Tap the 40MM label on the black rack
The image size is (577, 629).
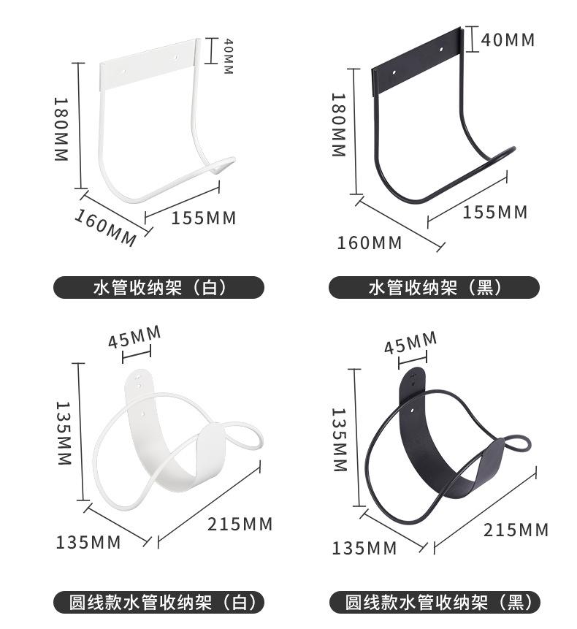pyautogui.click(x=508, y=39)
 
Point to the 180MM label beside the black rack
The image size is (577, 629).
pyautogui.click(x=337, y=124)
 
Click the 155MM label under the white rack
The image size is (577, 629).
pyautogui.click(x=204, y=218)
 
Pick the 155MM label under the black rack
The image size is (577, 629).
pyautogui.click(x=494, y=212)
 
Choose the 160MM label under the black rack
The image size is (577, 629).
pyautogui.click(x=369, y=243)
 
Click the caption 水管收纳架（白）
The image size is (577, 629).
pyautogui.click(x=158, y=287)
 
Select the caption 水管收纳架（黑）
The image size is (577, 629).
pyautogui.click(x=434, y=287)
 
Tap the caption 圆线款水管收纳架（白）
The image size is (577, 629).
pyautogui.click(x=158, y=603)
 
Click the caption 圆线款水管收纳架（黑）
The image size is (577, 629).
pyautogui.click(x=434, y=603)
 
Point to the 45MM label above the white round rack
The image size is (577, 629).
pyautogui.click(x=134, y=338)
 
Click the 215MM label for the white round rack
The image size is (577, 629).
pyautogui.click(x=240, y=524)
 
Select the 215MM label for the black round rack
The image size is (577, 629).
pyautogui.click(x=516, y=530)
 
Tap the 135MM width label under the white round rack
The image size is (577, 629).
pyautogui.click(x=88, y=542)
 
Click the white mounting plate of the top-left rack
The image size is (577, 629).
pyautogui.click(x=149, y=64)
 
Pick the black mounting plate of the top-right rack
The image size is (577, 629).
pyautogui.click(x=418, y=60)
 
